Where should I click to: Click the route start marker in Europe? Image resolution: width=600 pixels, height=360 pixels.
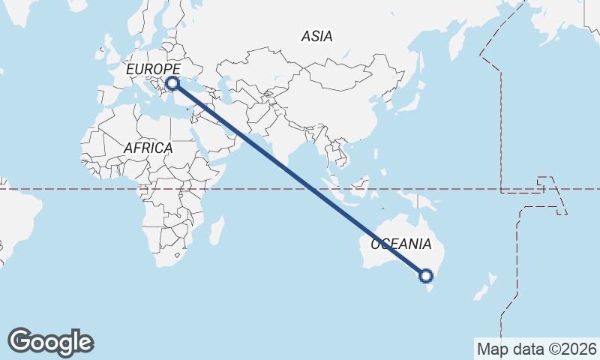[x=172, y=83]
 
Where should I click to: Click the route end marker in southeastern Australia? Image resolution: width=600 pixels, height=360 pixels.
[x=427, y=276]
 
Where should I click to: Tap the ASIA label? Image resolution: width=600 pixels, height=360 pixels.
[x=316, y=36]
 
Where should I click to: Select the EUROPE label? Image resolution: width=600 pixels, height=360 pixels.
[x=153, y=70]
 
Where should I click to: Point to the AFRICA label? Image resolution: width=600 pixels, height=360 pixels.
[x=148, y=148]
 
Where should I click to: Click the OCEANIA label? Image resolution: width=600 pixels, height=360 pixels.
[x=401, y=244]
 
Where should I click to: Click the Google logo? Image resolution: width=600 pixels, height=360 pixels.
[x=50, y=342]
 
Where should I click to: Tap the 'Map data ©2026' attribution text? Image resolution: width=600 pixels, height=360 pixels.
[x=536, y=349]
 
